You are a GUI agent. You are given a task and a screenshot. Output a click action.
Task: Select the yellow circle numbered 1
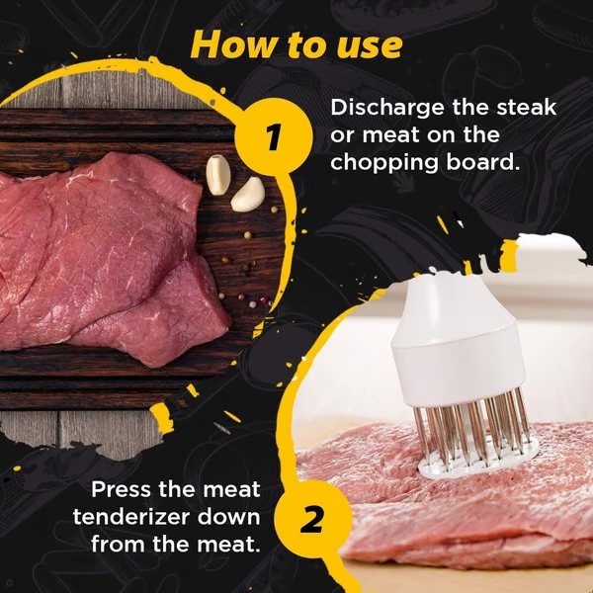coord(274,135)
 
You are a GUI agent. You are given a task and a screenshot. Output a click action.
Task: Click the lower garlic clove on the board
coord(247,194)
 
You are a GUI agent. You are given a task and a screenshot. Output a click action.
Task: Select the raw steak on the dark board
coord(109,257)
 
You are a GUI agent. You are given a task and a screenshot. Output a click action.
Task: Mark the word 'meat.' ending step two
coord(227,545)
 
